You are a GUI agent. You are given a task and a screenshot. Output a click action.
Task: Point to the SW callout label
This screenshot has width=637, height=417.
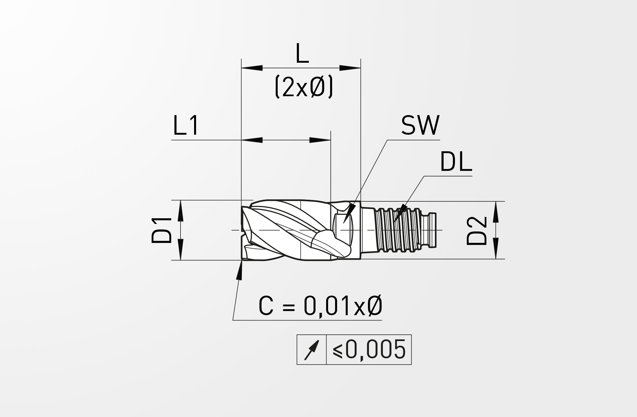coord(420,125)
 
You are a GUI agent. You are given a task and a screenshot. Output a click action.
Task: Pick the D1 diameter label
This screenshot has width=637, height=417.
coord(162,230)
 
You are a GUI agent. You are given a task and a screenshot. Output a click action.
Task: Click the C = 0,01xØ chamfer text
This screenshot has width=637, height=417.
coord(320,306)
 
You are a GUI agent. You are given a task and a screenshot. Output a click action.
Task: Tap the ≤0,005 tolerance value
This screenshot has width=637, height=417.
coord(369,349)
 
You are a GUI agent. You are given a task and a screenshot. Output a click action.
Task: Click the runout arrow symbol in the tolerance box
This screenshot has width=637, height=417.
coord(312,350)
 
